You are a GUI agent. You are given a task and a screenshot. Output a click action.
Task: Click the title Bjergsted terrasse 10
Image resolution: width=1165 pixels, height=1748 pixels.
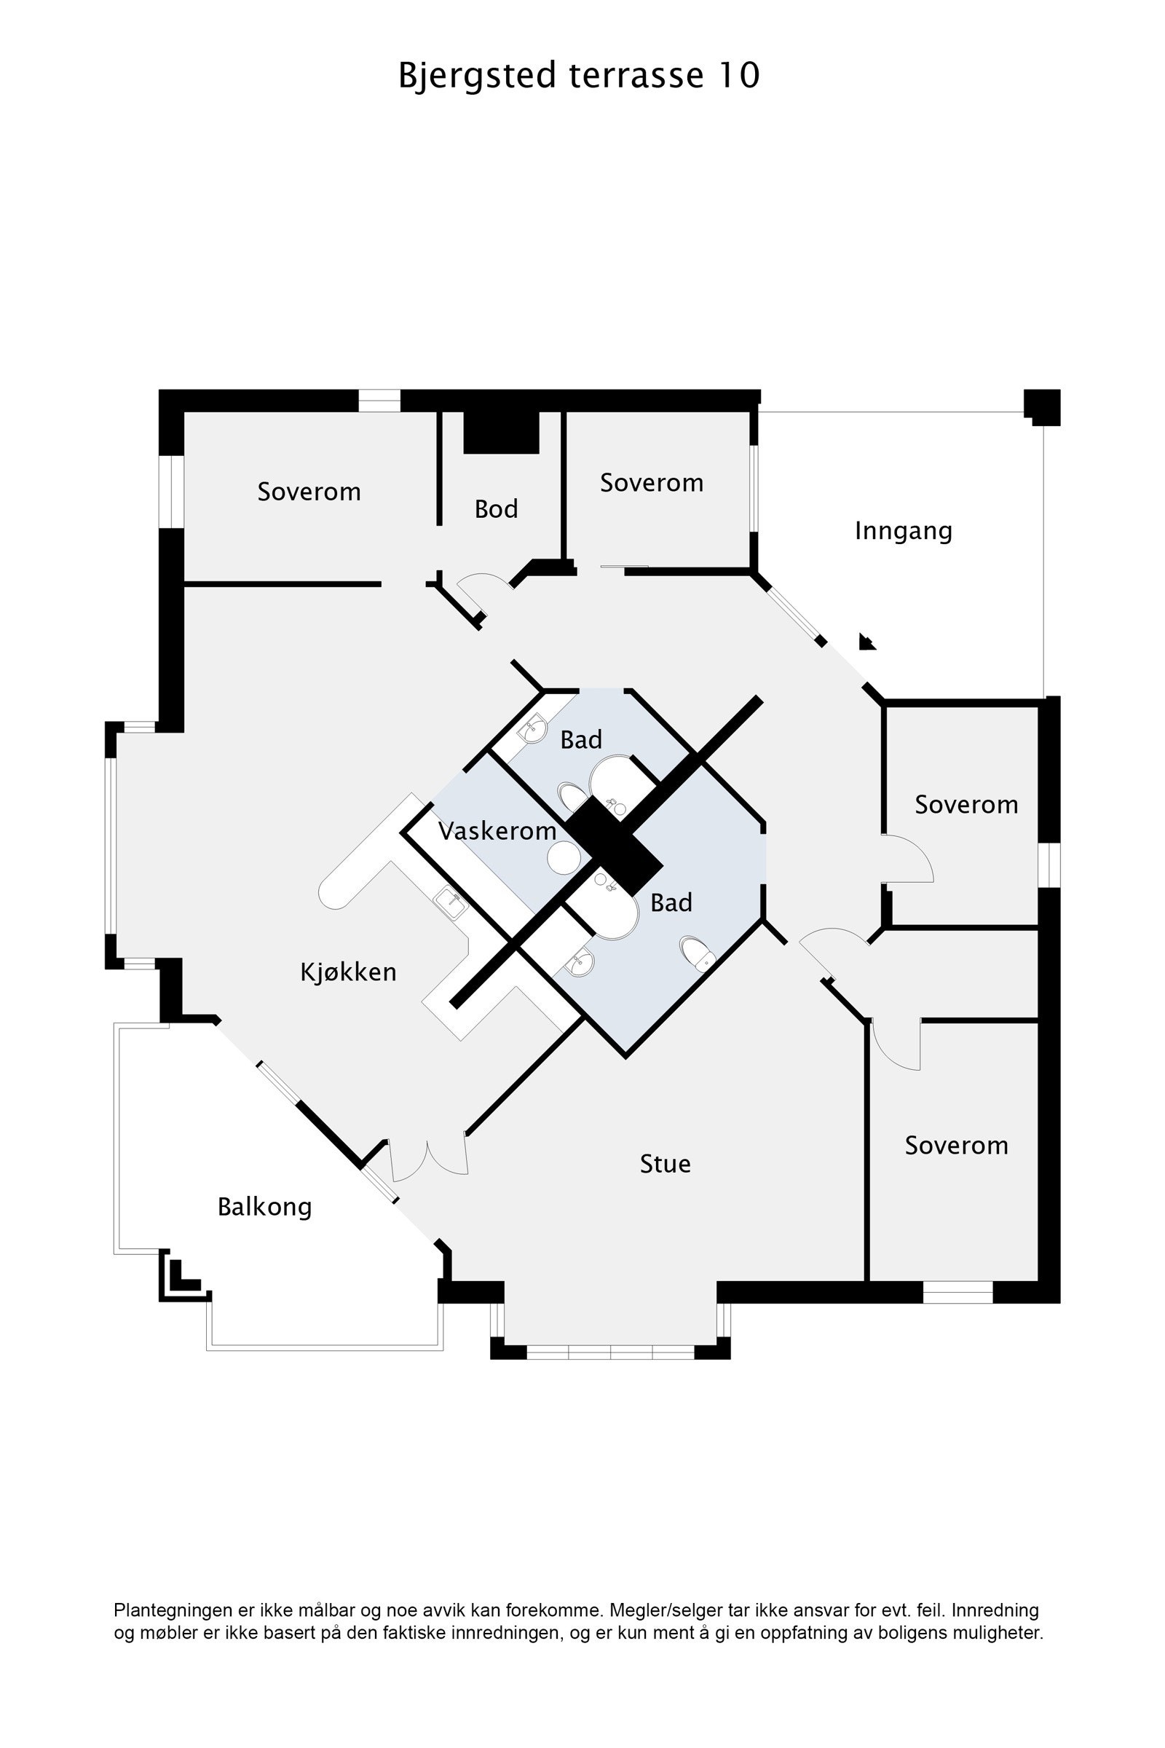(x=579, y=76)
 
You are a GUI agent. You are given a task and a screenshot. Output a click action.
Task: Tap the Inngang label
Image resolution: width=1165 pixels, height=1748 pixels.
(x=903, y=531)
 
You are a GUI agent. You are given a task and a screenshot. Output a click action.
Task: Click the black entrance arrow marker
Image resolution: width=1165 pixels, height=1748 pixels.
(x=866, y=642)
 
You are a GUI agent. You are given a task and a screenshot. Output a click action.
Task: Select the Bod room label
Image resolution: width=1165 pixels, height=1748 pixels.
(x=496, y=509)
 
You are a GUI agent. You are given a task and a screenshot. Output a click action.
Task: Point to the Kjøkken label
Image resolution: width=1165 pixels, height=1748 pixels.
(x=348, y=972)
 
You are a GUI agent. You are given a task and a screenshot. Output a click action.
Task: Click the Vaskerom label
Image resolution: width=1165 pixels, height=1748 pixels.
(x=497, y=831)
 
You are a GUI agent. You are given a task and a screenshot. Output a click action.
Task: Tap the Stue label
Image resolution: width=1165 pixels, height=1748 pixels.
(x=665, y=1164)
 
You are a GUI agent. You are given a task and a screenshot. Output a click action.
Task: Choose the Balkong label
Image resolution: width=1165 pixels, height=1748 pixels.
(x=264, y=1207)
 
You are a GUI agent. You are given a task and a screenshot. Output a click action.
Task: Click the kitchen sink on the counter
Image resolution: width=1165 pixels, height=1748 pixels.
(x=450, y=903)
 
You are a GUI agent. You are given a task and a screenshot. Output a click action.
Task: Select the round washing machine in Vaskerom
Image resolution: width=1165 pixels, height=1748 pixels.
(x=564, y=858)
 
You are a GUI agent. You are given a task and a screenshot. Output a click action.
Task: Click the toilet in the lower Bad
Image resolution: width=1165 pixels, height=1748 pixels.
(x=697, y=953)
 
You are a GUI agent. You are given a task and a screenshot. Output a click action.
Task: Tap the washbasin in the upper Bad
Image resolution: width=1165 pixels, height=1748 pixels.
(x=533, y=729)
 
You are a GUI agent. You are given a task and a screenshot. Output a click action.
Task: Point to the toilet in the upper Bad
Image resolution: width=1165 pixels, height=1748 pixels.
(x=572, y=798)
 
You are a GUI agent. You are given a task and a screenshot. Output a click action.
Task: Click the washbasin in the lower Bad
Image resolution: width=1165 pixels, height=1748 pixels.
(x=580, y=964)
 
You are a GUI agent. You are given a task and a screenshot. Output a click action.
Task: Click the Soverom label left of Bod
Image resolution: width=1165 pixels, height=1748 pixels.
(x=309, y=492)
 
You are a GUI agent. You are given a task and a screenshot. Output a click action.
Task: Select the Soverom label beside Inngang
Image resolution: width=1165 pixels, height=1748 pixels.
(x=652, y=483)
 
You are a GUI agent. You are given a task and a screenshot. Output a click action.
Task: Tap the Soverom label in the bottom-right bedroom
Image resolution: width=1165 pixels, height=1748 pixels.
(x=956, y=1146)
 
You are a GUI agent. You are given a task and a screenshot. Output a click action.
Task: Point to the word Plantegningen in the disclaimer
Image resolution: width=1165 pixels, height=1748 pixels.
(x=173, y=1610)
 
